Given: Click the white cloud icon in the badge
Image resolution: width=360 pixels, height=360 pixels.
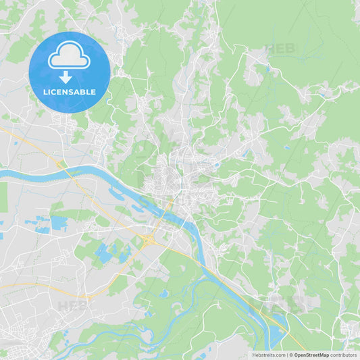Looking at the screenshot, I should coord(69,57).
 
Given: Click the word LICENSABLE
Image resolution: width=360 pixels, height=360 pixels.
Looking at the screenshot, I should coord(69,92).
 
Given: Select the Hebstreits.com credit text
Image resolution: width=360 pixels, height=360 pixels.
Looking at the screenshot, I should coord(268,355).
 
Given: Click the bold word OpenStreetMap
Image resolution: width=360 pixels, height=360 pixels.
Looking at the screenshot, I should coord(311,355).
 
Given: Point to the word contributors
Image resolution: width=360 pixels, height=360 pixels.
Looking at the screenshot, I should coord(343,355).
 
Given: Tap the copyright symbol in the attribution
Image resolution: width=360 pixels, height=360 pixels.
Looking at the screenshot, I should coord(290,355).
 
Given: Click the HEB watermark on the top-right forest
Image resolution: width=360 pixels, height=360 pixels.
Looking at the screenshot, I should coord(280,49).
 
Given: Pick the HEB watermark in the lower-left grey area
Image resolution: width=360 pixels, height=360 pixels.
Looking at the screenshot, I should coord(72,305).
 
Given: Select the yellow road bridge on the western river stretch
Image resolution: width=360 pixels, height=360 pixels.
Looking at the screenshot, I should coord(61,165).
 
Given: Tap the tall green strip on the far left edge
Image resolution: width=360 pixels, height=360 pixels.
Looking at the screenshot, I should coord(3,196).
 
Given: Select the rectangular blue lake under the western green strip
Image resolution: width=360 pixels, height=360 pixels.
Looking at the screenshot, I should coord(59,222).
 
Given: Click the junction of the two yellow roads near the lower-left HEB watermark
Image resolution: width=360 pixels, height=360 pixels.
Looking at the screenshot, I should coord(88,297).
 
